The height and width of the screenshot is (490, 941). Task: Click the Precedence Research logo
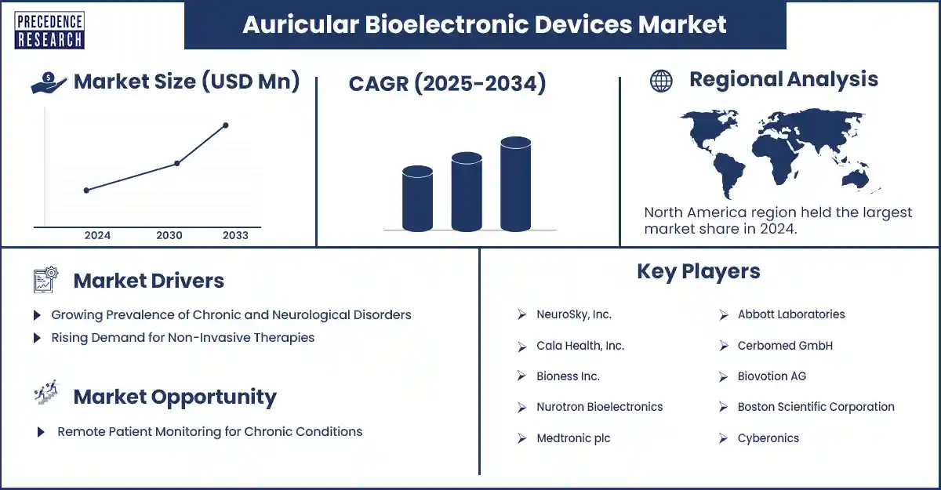coord(49,30)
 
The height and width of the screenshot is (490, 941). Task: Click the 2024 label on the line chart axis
coord(97,235)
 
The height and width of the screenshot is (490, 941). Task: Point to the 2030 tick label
coord(169,235)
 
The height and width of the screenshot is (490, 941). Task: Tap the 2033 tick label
coord(235,235)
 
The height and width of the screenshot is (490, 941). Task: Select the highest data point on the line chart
coord(226,125)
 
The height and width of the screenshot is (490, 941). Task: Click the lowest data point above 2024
coord(86,190)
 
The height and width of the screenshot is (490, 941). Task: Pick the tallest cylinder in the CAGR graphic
coord(515,185)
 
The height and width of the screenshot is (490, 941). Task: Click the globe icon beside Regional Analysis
coord(661,81)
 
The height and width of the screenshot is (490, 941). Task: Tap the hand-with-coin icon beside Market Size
coord(48,82)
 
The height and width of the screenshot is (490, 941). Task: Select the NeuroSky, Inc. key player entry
coord(574,314)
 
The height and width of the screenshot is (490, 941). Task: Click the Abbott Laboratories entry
coord(790,314)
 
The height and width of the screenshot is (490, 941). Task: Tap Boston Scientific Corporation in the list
coord(816,407)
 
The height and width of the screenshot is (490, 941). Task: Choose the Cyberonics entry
coord(768,438)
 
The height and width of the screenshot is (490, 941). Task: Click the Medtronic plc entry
coord(573,438)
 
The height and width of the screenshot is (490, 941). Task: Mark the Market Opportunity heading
coord(174,397)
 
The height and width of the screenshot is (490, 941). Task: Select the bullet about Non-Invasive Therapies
coord(182,338)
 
